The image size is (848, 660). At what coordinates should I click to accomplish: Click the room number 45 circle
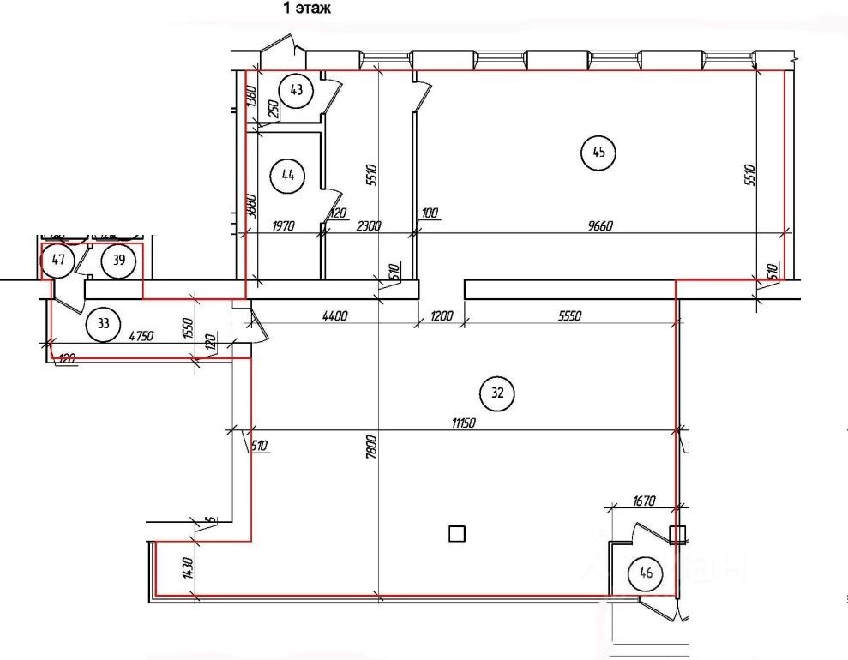coord(598,153)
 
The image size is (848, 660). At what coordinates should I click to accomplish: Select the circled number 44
coord(287,176)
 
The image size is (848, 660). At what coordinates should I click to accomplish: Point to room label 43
coord(297,91)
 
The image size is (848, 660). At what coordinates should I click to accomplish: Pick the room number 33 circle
coord(104,324)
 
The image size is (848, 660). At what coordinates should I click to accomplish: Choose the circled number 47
coord(58,261)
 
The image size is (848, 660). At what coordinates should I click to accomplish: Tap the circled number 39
coord(119,261)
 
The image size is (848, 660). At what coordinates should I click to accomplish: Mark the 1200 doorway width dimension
coord(442,315)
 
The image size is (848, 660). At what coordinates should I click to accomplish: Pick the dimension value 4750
coord(141,336)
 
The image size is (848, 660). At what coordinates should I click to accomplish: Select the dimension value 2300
coord(369,226)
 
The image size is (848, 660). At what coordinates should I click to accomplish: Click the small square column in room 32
coord(457,534)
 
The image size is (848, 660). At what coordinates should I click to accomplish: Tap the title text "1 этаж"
coord(308,8)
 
